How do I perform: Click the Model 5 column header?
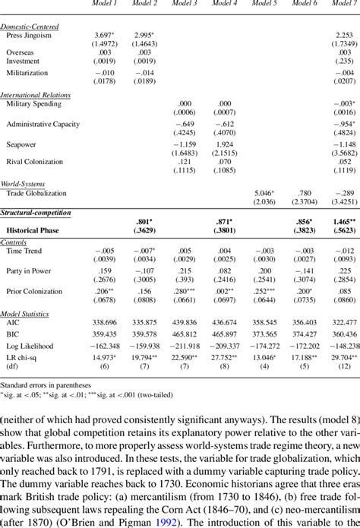264,4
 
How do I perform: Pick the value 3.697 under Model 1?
105,36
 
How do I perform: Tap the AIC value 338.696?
105,324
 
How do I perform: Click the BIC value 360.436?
344,334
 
